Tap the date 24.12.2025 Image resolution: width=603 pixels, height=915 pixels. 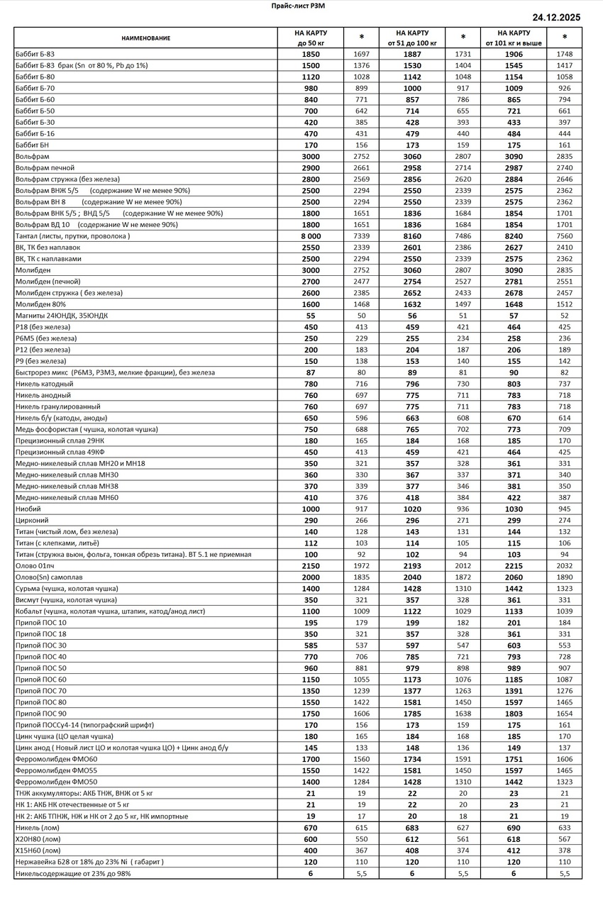coord(556,17)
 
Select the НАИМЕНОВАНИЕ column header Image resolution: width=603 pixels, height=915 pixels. coord(145,38)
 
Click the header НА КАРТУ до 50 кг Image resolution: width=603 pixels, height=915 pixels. coord(310,38)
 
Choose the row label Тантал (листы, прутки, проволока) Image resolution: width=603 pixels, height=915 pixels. coord(72,235)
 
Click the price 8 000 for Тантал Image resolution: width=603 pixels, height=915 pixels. coord(310,235)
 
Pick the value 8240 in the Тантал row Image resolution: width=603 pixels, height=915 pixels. coord(513,235)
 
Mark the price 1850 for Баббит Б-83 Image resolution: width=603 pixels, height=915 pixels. coord(310,54)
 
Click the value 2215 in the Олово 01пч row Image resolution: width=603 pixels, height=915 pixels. coord(513,565)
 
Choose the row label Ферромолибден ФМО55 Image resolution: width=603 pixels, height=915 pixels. coord(56,770)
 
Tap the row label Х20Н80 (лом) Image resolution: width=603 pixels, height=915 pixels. coord(38,839)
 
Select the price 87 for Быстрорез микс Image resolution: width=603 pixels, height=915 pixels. coord(310,372)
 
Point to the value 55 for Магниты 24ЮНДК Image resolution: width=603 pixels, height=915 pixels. coord(310,315)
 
